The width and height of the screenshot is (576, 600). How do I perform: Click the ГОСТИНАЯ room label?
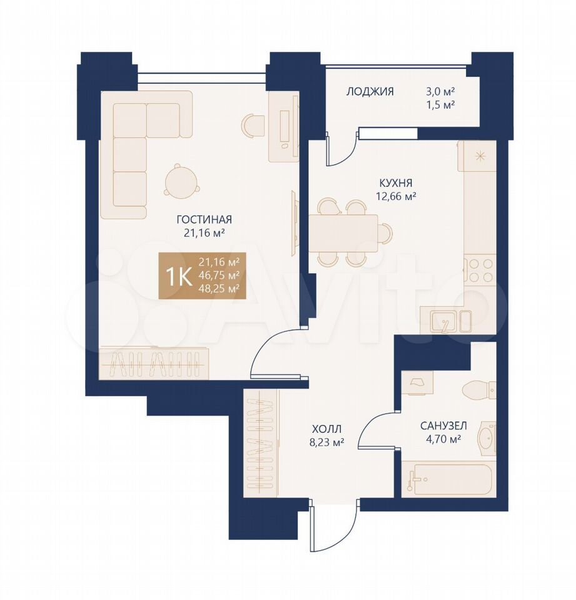coord(204,219)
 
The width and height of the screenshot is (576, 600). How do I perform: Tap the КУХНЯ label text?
coord(396,183)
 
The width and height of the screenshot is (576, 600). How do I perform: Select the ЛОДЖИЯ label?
coord(370,91)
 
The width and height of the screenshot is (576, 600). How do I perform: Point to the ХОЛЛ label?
coord(326,429)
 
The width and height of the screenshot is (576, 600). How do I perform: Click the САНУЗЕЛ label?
coord(443,426)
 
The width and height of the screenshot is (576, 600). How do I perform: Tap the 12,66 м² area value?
coord(396,196)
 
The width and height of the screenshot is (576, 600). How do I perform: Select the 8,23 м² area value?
coord(326,442)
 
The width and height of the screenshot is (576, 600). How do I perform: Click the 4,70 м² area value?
coord(443,439)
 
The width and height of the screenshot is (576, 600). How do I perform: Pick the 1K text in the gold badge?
coord(179,277)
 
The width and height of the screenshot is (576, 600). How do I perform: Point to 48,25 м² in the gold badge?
coord(219,289)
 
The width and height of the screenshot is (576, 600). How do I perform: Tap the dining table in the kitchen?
coord(343,233)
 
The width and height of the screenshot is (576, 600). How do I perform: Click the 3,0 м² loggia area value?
coord(440,91)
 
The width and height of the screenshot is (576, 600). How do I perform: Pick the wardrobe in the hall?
coord(262,443)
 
